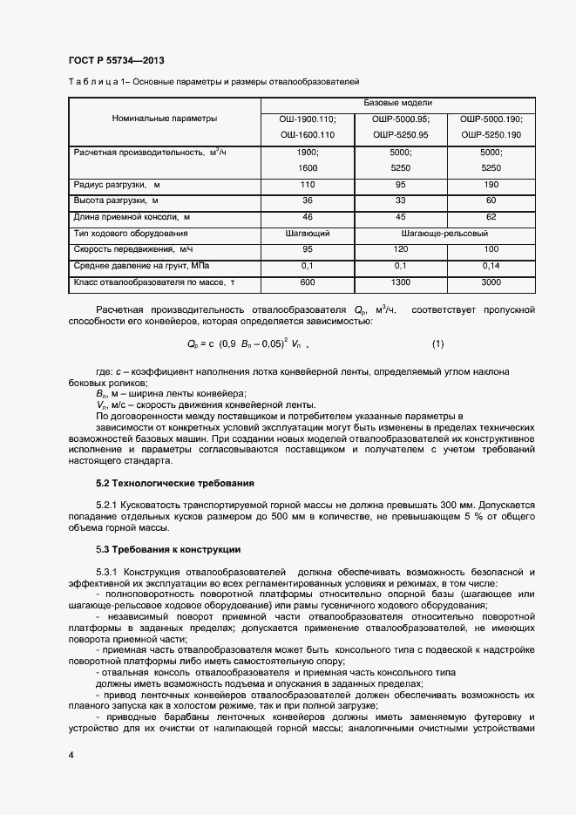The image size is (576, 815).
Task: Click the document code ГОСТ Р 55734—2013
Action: tap(116, 60)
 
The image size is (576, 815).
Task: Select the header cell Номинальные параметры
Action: tap(165, 119)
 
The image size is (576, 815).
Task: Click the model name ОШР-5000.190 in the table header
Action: tap(491, 119)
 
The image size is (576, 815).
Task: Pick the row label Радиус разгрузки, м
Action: tap(117, 185)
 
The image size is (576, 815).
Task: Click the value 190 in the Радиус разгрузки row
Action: tap(491, 185)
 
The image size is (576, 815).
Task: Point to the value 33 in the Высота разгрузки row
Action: tap(401, 200)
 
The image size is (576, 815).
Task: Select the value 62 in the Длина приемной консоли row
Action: tap(491, 216)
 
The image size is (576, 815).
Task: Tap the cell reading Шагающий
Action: tap(307, 234)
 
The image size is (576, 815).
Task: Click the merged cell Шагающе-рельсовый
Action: tap(445, 234)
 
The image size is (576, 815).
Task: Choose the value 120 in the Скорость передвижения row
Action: tap(401, 249)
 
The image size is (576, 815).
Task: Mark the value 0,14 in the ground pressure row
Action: tap(491, 265)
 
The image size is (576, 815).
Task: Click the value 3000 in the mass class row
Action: tap(491, 282)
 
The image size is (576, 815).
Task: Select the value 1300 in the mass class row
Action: tap(401, 282)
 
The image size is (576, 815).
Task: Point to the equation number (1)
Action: tap(438, 343)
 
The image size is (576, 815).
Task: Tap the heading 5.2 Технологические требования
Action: tap(174, 483)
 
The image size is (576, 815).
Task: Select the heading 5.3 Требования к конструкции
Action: tap(167, 549)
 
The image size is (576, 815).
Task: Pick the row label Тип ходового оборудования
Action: tap(132, 234)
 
